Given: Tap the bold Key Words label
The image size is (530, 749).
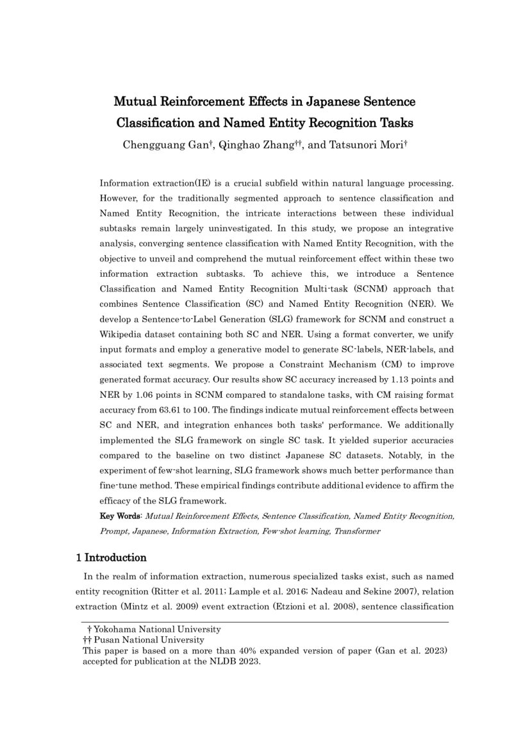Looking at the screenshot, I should click(x=121, y=516).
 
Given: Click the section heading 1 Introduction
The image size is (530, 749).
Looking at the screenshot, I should click(x=111, y=557).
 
